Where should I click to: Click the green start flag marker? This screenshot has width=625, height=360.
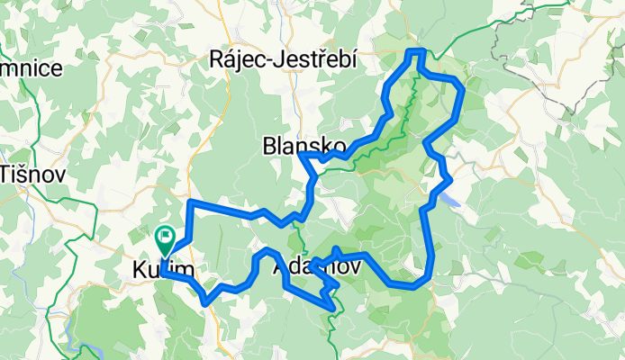pyautogui.click(x=166, y=239)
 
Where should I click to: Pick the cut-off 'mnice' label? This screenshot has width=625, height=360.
pyautogui.click(x=31, y=68)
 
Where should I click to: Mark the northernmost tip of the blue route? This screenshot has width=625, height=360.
pyautogui.click(x=418, y=52)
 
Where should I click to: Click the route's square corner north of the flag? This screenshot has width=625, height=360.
pyautogui.click(x=189, y=204)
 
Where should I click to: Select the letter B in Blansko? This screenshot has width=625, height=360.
pyautogui.click(x=269, y=144)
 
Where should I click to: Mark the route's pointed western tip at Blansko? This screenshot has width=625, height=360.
pyautogui.click(x=301, y=157)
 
